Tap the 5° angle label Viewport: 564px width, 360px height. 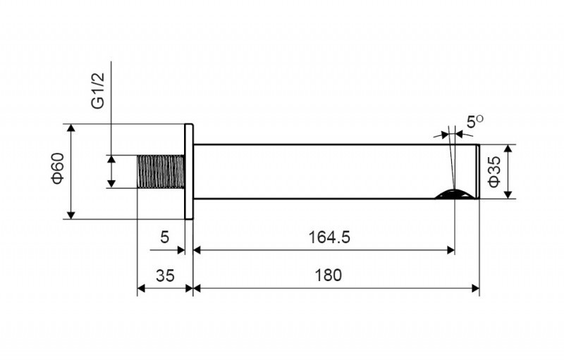(474, 122)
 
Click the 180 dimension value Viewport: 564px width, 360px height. (329, 275)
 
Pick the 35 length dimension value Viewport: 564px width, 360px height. (165, 275)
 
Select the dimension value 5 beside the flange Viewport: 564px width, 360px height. (165, 237)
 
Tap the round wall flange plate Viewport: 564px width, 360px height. (189, 172)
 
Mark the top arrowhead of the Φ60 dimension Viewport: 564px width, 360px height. (70, 128)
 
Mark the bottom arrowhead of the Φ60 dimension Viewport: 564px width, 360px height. (70, 214)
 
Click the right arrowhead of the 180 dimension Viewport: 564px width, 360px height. (476, 287)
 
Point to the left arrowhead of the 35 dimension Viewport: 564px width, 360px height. (140, 287)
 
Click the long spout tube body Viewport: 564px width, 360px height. (317, 171)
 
